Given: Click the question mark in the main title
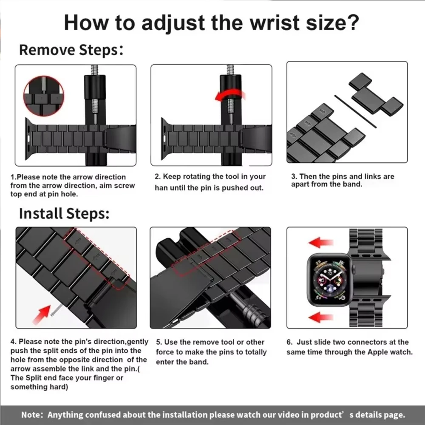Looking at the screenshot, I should click(352, 23).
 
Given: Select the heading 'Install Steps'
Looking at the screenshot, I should click(64, 213).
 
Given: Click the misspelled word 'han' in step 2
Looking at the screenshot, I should click(161, 188).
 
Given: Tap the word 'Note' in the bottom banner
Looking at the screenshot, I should click(32, 415).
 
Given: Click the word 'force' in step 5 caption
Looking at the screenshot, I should click(164, 352).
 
